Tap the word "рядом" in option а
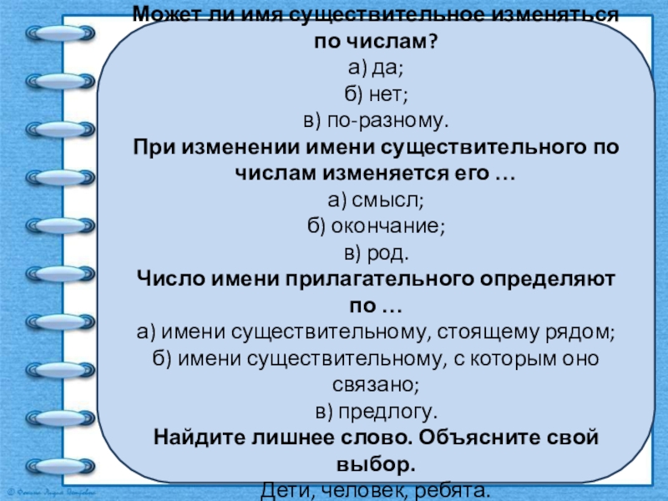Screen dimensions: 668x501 (x=579, y=333)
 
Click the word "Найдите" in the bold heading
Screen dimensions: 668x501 (x=195, y=437)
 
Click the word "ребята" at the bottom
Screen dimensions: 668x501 (x=449, y=489)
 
